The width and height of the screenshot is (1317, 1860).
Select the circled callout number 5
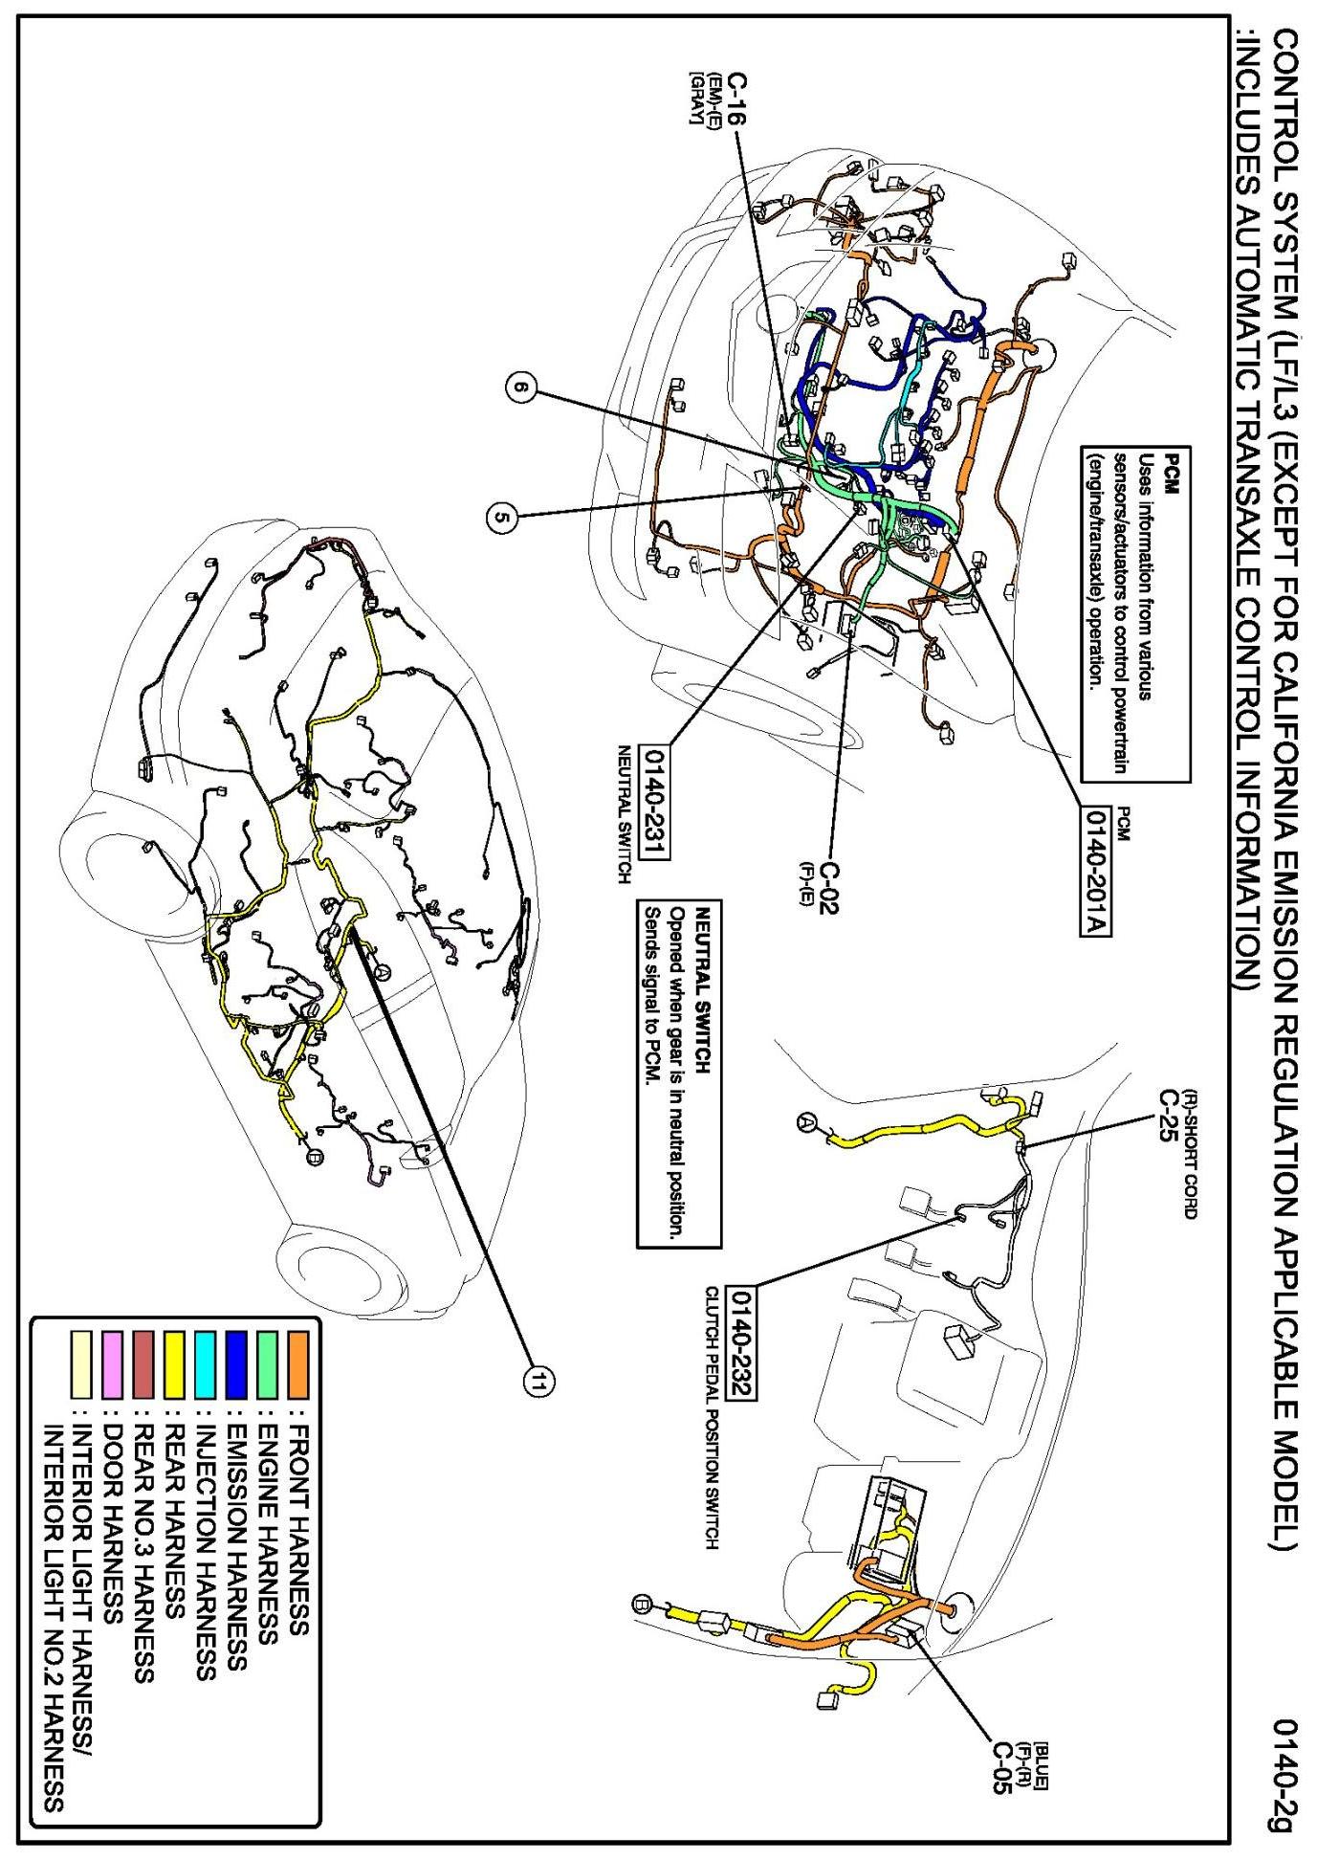[500, 518]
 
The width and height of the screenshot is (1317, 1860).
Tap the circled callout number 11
[540, 1380]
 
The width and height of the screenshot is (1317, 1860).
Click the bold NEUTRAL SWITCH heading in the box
[703, 967]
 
